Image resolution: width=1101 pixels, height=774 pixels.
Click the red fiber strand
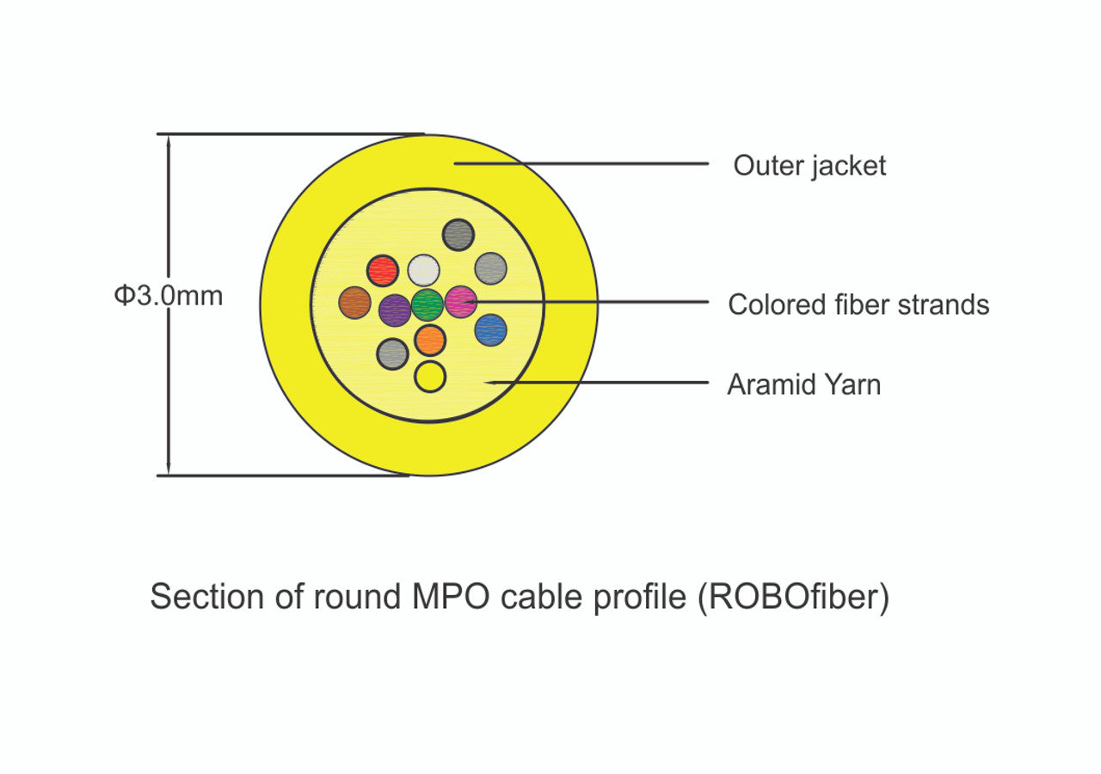point(382,271)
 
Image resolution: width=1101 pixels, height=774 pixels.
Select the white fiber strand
point(423,271)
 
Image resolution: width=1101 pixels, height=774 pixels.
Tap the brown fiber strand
point(354,303)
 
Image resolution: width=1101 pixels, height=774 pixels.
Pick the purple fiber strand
point(395,310)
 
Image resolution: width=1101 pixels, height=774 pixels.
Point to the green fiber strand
point(427,304)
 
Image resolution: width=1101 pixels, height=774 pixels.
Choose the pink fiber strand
point(461,302)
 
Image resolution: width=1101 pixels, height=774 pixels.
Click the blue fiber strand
point(490,329)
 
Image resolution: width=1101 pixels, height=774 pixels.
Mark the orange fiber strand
point(430,341)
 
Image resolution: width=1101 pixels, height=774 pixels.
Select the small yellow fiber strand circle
point(430,377)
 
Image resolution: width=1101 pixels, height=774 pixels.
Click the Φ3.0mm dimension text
point(169,296)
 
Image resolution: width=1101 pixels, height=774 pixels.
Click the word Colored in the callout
point(777,304)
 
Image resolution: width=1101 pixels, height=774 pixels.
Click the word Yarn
point(851,384)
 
